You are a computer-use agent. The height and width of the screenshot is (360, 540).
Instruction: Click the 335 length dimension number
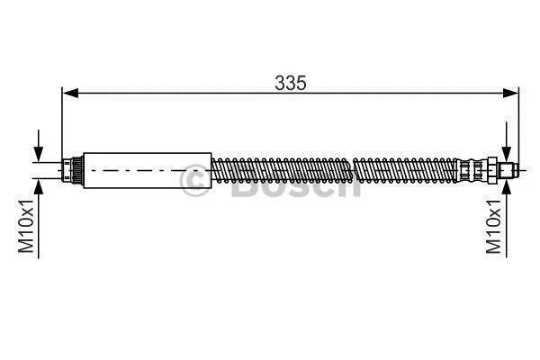pyautogui.click(x=291, y=83)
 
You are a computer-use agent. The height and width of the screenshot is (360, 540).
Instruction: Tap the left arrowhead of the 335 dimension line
pyautogui.click(x=70, y=93)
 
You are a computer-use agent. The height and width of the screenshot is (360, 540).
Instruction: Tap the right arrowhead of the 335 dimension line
pyautogui.click(x=509, y=93)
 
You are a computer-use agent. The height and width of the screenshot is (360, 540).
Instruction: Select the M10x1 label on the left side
pyautogui.click(x=26, y=226)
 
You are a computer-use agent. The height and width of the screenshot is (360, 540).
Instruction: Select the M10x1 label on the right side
pyautogui.click(x=493, y=226)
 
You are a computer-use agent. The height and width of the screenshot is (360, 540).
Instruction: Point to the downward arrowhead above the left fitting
pyautogui.click(x=39, y=154)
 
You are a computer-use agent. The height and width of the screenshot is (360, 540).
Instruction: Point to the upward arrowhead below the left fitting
pyautogui.click(x=39, y=186)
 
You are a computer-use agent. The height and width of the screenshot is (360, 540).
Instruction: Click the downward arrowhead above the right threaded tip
pyautogui.click(x=506, y=154)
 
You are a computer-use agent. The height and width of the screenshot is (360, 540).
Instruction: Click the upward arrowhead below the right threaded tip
pyautogui.click(x=506, y=186)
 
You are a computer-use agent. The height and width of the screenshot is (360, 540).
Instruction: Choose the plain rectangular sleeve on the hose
pyautogui.click(x=148, y=170)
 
